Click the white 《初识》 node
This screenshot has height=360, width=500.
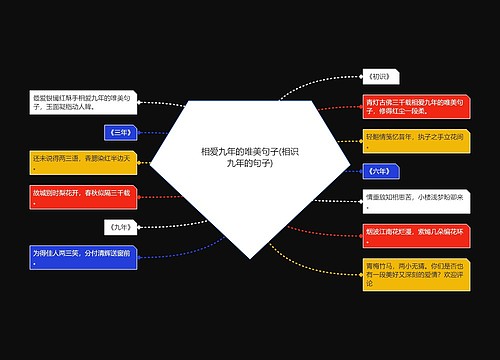(383, 76)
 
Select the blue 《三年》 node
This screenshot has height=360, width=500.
(118, 131)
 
